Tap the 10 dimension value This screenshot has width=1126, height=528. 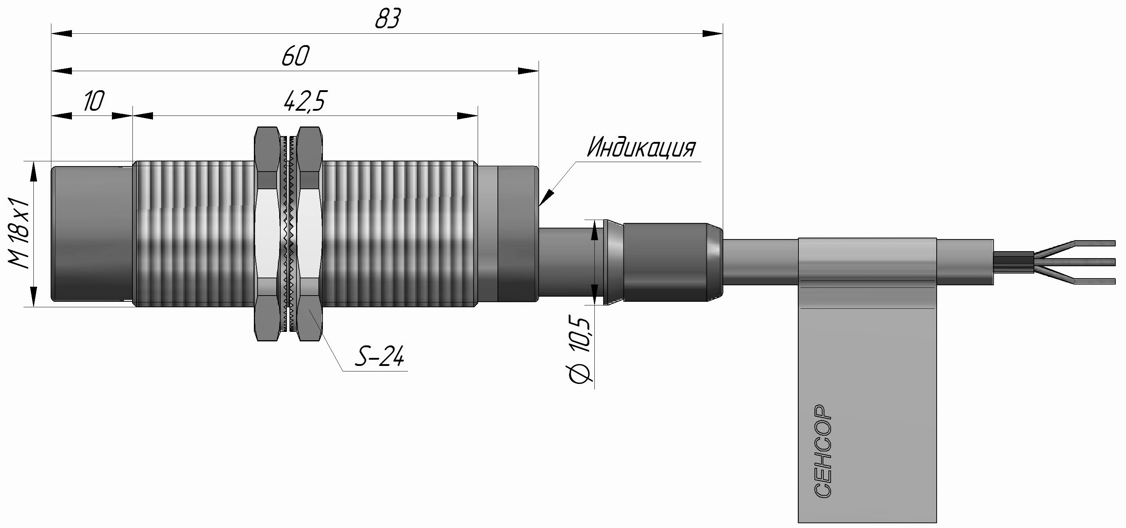pos(94,101)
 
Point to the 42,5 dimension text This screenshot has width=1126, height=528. pos(304,101)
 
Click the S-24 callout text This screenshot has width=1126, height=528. pos(379,357)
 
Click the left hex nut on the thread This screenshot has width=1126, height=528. pos(267,233)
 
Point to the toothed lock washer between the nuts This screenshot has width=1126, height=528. pos(288,233)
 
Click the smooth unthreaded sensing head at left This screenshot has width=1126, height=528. pos(92,233)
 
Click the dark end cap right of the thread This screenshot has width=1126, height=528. pos(518,233)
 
